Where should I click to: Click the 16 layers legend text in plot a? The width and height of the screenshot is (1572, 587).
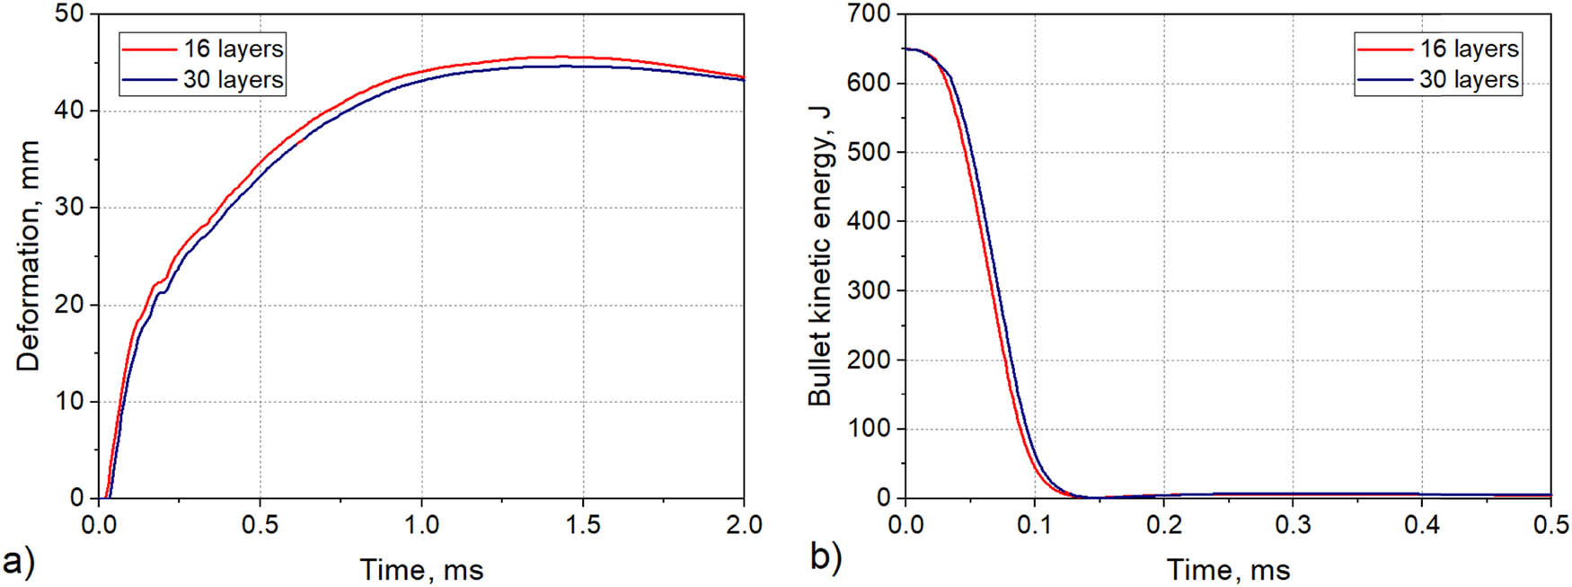coord(233,49)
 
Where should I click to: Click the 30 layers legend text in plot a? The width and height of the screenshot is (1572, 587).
coord(233,80)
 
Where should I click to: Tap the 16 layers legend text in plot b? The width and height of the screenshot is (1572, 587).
coord(1469,49)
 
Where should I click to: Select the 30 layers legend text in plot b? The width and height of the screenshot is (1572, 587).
coord(1469,80)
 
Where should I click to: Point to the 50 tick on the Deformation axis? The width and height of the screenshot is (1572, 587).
coord(68,14)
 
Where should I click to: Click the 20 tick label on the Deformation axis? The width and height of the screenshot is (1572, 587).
coord(68,305)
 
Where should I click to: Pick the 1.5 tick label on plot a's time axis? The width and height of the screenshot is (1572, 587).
coord(582,525)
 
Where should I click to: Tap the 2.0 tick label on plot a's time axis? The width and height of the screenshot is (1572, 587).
coord(743,525)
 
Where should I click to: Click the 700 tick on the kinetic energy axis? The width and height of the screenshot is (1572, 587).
coord(869,14)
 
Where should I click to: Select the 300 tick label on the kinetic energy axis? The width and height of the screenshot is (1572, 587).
coord(869,290)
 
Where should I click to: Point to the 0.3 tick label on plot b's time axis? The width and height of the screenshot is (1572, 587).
coord(1293,525)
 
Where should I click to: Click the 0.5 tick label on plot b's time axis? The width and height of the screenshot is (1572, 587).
coord(1550,525)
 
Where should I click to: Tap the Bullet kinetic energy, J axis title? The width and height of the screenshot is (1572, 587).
coord(819,256)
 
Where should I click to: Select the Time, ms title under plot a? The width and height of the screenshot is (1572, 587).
coord(421,570)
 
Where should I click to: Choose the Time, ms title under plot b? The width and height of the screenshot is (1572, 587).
coord(1228,570)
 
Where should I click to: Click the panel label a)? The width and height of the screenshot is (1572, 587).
coord(18,561)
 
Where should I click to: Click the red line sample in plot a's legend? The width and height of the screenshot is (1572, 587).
coord(148,49)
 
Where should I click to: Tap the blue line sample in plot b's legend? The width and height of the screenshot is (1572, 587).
coord(1384,80)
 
